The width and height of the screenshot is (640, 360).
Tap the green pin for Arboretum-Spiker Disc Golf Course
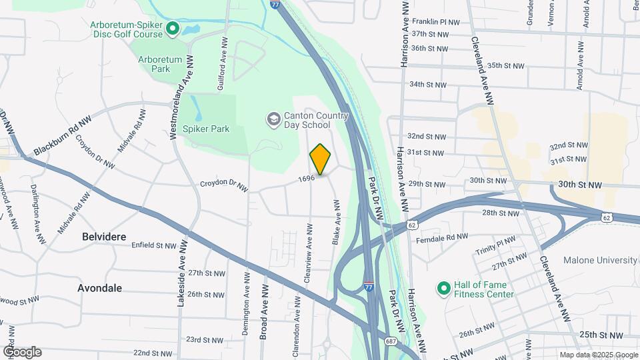[173, 29]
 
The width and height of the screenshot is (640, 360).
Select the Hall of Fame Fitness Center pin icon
[443, 289]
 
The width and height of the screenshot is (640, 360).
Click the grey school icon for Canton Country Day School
[273, 119]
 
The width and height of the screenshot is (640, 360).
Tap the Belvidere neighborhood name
[104, 237]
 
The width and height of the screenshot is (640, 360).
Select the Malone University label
[601, 260]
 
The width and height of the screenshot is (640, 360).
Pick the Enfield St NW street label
[154, 246]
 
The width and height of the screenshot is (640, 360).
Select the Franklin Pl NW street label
[436, 22]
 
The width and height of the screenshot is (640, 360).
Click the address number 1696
[306, 178]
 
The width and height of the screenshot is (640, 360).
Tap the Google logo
[22, 352]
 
